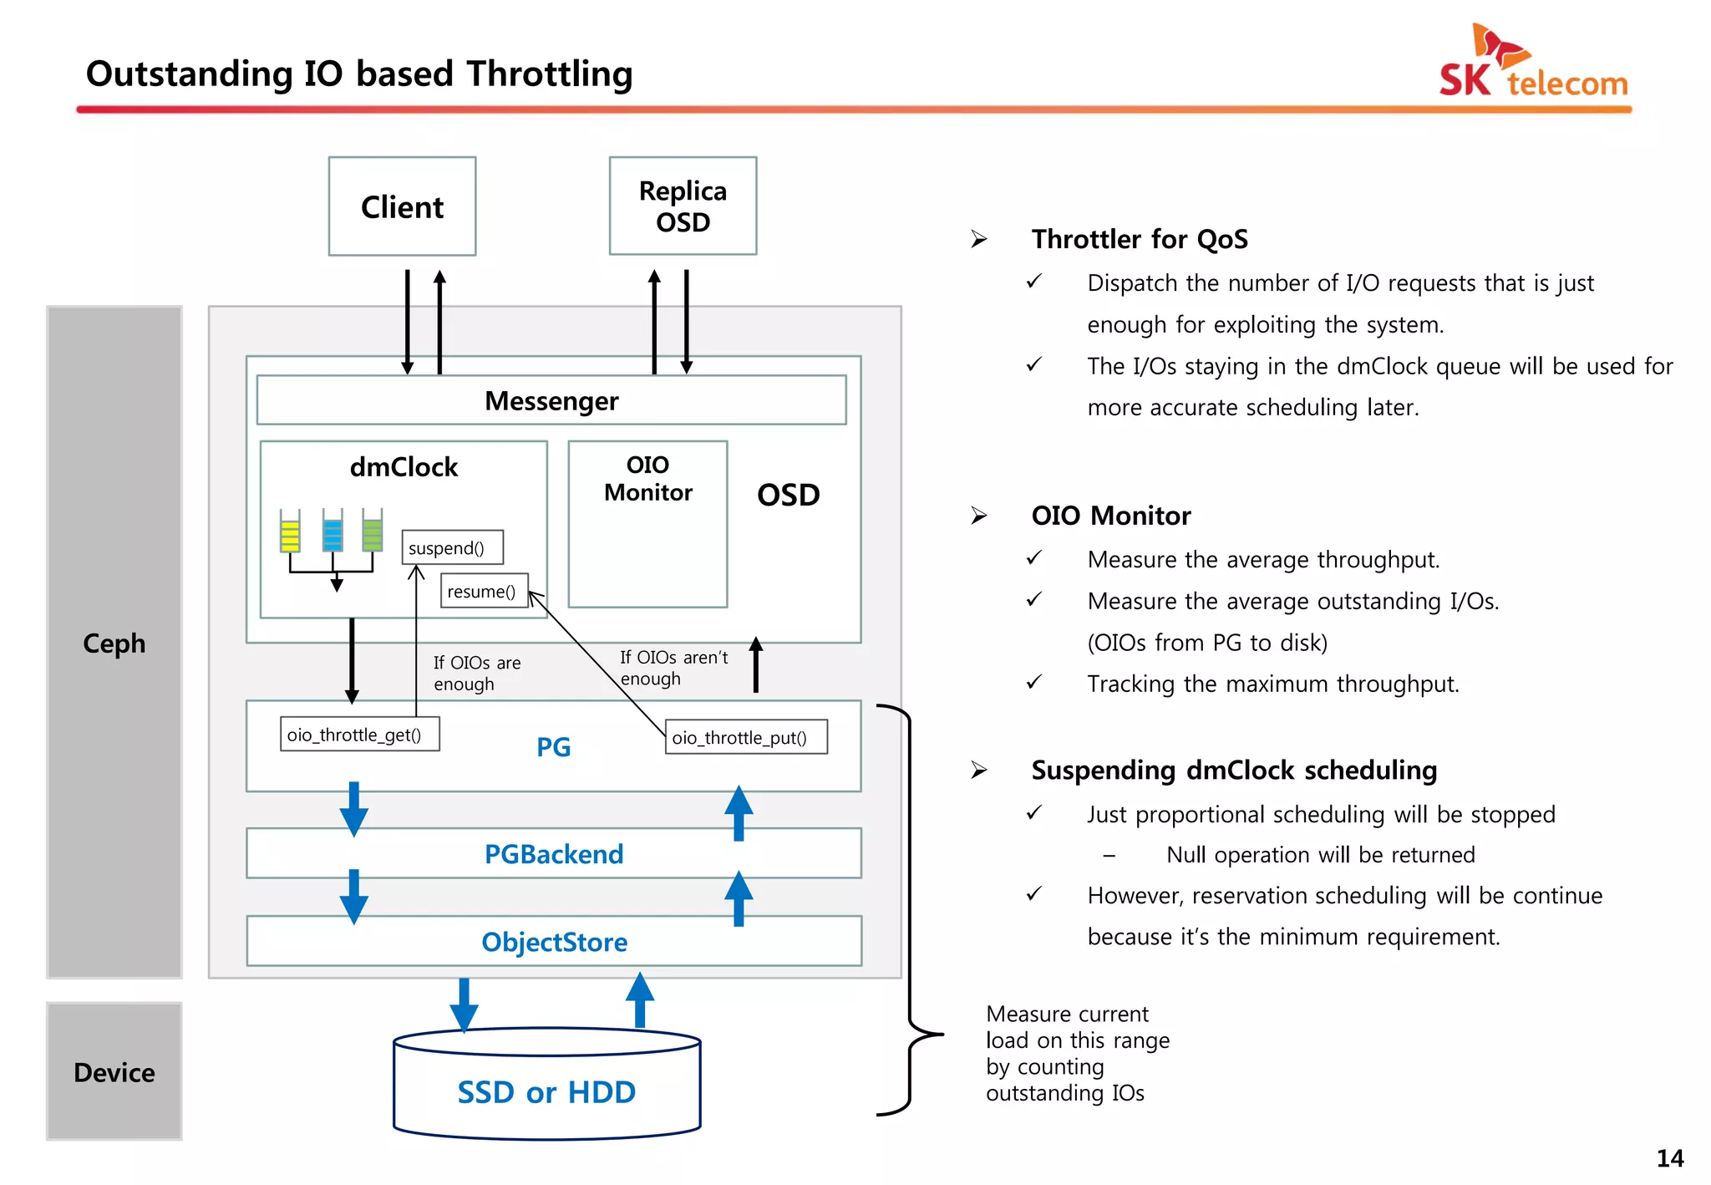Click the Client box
click(402, 206)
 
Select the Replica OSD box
click(683, 206)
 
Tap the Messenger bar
click(551, 401)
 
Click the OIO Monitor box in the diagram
click(647, 524)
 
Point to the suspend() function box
click(452, 548)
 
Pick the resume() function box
click(484, 592)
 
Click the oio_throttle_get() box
click(359, 735)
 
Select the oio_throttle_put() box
click(745, 737)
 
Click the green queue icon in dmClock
click(373, 531)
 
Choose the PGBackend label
click(554, 854)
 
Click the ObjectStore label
click(554, 942)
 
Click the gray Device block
click(114, 1071)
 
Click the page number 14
click(1669, 1158)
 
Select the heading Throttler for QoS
click(1139, 240)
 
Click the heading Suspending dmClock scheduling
click(1233, 770)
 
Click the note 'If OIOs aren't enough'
click(673, 668)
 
